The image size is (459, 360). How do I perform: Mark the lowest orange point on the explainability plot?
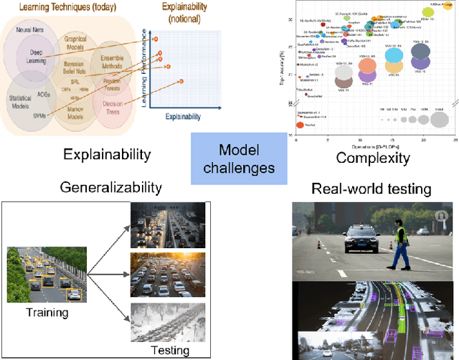[x=181, y=80]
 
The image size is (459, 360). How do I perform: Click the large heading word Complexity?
[x=373, y=158]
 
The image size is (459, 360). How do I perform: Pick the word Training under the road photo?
[x=47, y=312]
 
